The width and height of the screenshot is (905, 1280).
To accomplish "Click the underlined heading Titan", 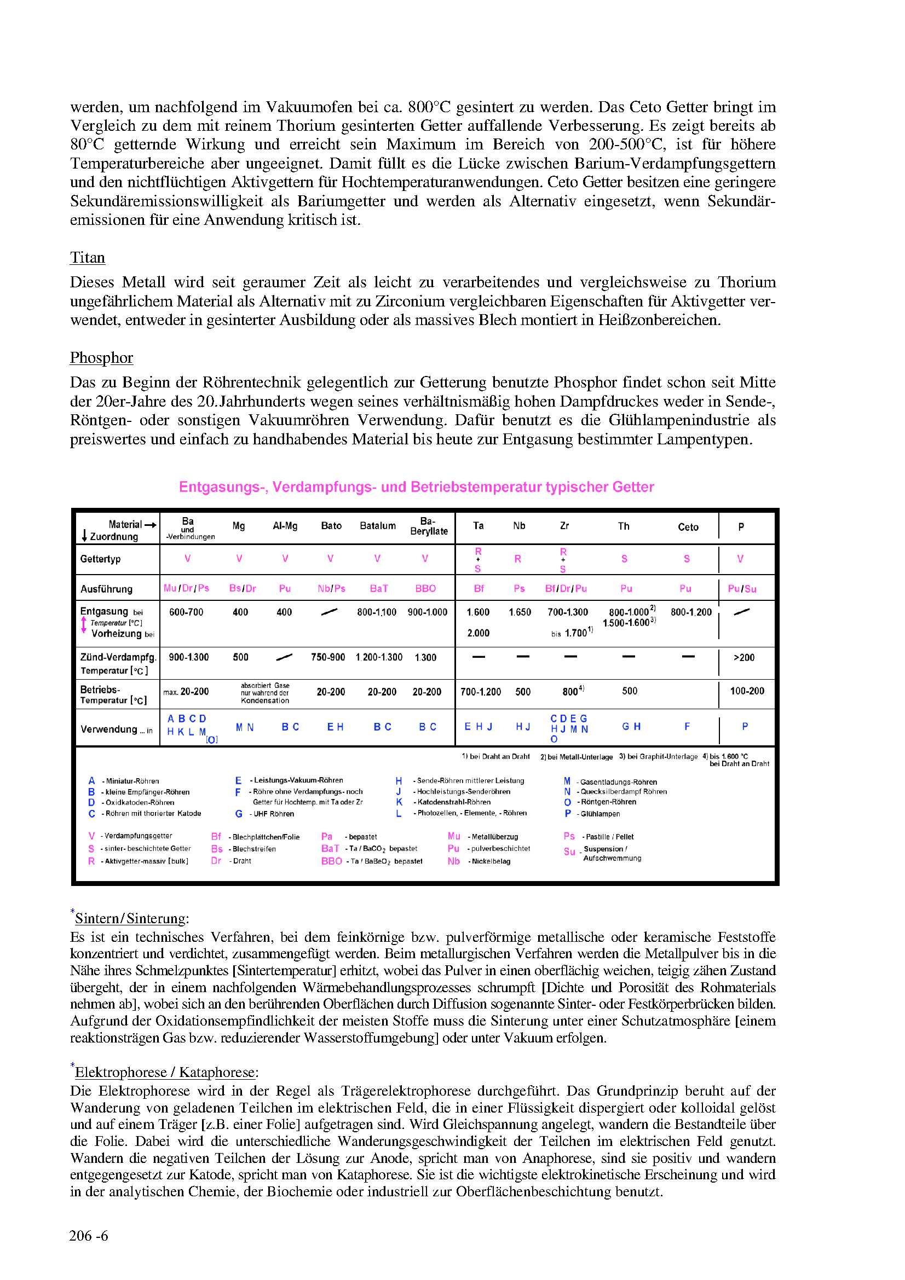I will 88,258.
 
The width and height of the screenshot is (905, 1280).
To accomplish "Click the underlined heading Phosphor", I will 101,358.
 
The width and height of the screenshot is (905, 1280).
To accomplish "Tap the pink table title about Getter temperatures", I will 416,487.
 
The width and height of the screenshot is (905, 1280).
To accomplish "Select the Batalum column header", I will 378,526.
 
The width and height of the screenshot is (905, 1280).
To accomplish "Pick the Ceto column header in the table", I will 688,528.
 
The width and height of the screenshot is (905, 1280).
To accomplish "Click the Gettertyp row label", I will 100,559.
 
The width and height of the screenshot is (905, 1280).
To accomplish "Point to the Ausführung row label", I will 107,589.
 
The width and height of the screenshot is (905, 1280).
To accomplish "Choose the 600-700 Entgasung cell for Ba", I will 186,613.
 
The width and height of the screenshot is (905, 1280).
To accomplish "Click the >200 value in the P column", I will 744,658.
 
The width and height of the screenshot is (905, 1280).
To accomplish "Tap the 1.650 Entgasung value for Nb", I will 519,613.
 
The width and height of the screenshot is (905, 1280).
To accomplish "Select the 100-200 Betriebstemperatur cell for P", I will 747,691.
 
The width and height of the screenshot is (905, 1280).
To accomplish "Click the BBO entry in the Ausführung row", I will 425,589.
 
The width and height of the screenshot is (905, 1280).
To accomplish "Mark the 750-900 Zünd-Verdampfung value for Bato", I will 328,658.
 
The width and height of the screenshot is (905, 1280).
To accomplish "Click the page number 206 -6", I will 89,1236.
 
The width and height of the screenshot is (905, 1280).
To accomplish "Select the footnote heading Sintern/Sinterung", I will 132,919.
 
